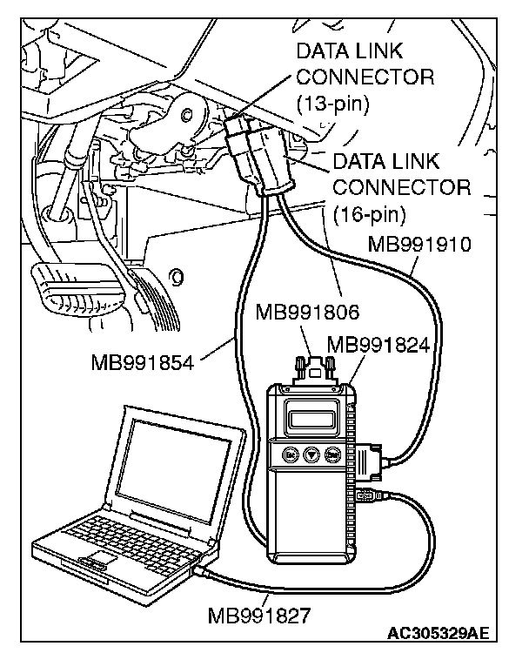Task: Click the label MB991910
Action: point(419,244)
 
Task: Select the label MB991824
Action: point(378,345)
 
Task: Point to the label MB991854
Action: point(141,360)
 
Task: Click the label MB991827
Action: point(258,616)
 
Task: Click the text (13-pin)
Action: point(333,104)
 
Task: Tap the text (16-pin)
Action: point(370,212)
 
